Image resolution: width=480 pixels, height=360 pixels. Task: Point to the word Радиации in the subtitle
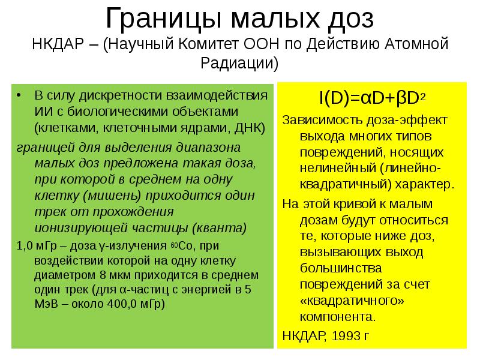pos(240,62)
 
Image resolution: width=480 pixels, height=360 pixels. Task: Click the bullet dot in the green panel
pos(19,95)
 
